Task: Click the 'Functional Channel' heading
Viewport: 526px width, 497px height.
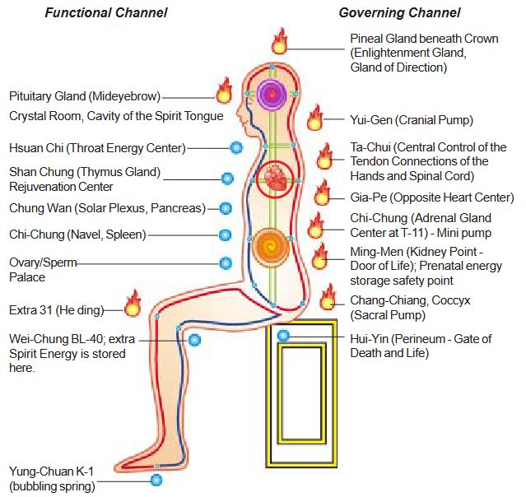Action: coord(106,12)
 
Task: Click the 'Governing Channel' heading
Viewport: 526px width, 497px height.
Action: coord(399,12)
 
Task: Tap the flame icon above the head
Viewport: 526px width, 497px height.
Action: coord(280,41)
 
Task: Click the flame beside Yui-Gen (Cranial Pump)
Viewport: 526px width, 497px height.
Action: coord(315,118)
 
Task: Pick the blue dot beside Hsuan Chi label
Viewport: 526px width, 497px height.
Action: coord(236,148)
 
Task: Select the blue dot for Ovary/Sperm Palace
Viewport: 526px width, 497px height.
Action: coord(226,263)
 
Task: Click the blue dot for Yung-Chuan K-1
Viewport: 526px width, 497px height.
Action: coord(156,480)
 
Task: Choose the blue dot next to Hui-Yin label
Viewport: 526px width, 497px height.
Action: coord(283,336)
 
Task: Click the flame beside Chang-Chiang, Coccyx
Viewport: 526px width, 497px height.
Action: coord(328,297)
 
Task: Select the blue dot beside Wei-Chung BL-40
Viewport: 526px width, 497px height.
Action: coord(194,339)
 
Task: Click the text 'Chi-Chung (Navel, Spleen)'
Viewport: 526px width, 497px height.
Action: coord(77,235)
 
